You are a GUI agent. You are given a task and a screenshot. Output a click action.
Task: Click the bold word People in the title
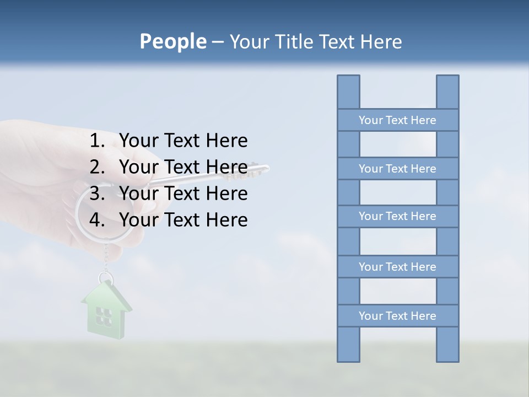click(x=172, y=41)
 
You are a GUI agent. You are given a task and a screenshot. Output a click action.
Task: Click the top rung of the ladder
click(x=397, y=120)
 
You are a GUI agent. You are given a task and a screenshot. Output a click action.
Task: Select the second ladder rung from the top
click(x=397, y=169)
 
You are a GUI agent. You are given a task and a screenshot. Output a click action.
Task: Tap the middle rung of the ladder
click(x=397, y=216)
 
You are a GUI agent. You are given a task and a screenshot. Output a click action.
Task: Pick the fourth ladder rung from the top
click(x=397, y=267)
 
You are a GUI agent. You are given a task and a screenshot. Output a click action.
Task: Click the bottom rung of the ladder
click(x=397, y=316)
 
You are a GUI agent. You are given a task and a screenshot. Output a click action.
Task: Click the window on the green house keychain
click(x=104, y=316)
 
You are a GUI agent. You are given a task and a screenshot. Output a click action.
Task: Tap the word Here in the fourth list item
click(x=226, y=220)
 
